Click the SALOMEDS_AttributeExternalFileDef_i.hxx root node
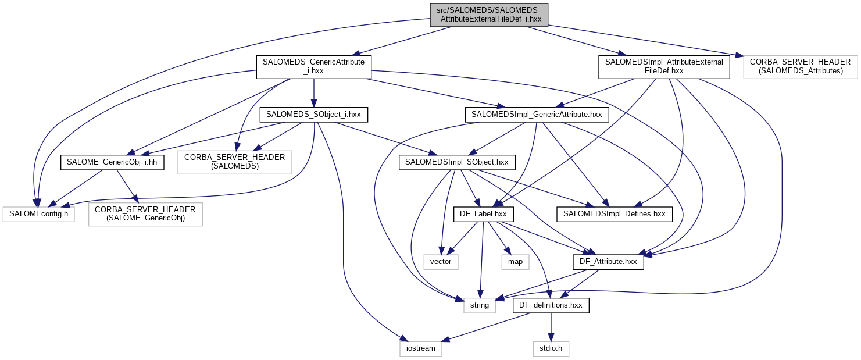tap(488, 15)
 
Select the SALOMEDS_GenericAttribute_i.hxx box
tap(313, 66)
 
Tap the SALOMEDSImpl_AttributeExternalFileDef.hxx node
tap(664, 66)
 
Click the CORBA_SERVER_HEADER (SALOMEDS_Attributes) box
tap(801, 66)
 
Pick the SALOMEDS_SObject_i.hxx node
tap(313, 115)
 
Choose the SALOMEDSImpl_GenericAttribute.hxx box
tap(537, 115)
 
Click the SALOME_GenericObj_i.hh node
tap(112, 162)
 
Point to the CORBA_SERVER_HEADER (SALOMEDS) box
tap(234, 162)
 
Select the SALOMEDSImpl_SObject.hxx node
tap(458, 162)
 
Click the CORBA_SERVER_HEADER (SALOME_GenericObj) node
tap(145, 214)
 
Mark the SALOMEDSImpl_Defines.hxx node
tap(615, 214)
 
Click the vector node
tap(441, 262)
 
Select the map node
tap(515, 262)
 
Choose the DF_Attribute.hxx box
tap(608, 262)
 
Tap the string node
tap(480, 305)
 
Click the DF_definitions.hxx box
tap(551, 305)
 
